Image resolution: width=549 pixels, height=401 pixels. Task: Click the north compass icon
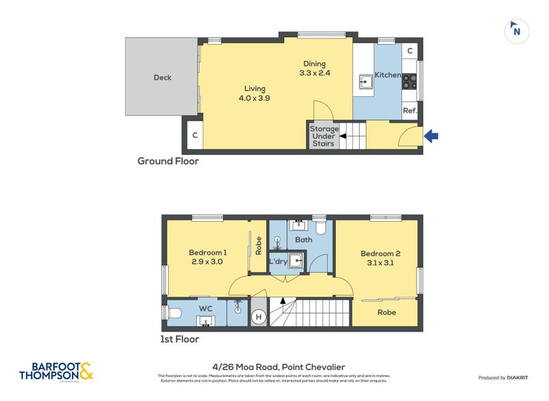coord(516,31)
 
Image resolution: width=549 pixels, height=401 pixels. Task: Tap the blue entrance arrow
coord(431,137)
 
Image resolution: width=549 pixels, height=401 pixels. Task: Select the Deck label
coord(162,78)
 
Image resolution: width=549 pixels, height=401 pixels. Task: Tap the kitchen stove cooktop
coord(410,82)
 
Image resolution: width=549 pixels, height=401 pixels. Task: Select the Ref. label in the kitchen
coord(410,111)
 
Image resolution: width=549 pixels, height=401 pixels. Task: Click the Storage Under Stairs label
coord(324,136)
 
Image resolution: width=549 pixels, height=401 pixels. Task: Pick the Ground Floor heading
coord(168,161)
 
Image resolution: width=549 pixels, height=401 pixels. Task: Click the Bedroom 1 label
coord(208,257)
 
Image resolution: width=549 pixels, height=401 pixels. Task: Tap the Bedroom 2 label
coord(380,258)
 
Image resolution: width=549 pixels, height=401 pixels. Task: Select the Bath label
coord(303,240)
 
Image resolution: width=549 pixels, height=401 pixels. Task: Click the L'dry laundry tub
coord(295,262)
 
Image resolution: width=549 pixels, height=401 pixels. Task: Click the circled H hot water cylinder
coord(259,317)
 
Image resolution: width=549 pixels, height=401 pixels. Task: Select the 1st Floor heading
coord(179,339)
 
